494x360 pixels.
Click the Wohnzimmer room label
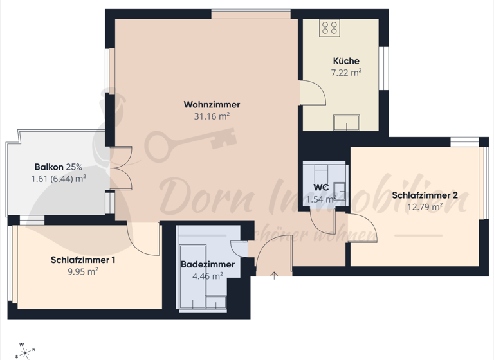[212, 104]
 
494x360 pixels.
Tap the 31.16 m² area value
[212, 116]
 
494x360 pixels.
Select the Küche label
[345, 61]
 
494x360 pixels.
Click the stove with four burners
[330, 28]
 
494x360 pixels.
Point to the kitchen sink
[347, 122]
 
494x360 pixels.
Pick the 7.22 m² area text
[345, 73]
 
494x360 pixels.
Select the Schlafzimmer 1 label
[83, 260]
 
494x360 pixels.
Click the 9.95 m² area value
[83, 271]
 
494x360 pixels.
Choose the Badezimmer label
[207, 264]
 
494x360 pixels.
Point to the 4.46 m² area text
[207, 276]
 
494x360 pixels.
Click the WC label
[321, 187]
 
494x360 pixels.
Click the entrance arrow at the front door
[274, 276]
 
